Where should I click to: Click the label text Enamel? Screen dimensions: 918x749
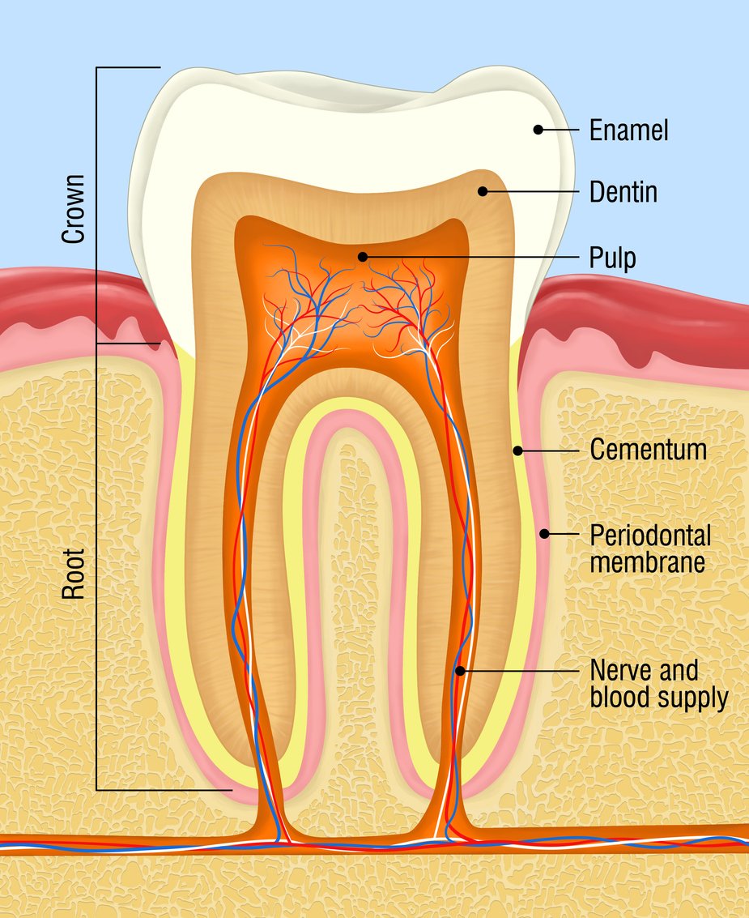pyautogui.click(x=628, y=130)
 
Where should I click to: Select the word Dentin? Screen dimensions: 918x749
pyautogui.click(x=623, y=192)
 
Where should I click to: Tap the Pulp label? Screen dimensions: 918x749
pyautogui.click(x=612, y=258)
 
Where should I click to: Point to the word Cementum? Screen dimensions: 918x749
pyautogui.click(x=648, y=450)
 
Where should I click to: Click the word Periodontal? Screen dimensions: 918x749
pyautogui.click(x=650, y=535)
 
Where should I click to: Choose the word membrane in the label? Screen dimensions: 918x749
pyautogui.click(x=647, y=561)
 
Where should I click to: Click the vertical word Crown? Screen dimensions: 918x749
pyautogui.click(x=74, y=208)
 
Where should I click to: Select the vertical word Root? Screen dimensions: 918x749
pyautogui.click(x=74, y=576)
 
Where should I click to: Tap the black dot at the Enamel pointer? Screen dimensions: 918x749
pyautogui.click(x=537, y=129)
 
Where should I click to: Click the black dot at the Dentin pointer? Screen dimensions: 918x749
pyautogui.click(x=482, y=191)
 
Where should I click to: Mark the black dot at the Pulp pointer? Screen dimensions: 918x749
pyautogui.click(x=363, y=257)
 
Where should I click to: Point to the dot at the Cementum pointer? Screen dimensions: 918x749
pyautogui.click(x=516, y=450)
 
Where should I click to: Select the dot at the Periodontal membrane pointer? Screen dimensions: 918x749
pyautogui.click(x=545, y=533)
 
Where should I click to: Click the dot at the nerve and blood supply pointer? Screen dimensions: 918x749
pyautogui.click(x=459, y=671)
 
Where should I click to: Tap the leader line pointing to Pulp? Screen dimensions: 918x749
pyautogui.click(x=478, y=257)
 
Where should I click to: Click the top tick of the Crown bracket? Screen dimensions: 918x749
pyautogui.click(x=130, y=67)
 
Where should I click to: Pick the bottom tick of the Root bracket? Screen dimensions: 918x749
pyautogui.click(x=162, y=789)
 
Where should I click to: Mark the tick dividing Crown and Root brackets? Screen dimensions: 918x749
pyautogui.click(x=130, y=343)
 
